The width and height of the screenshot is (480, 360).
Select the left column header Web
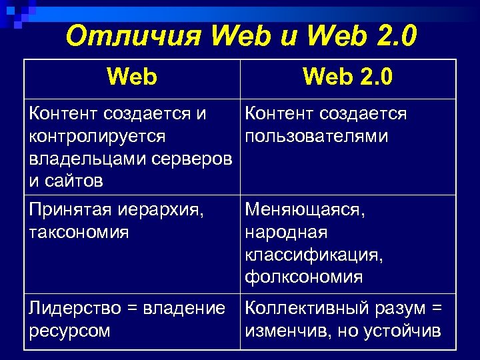point(131,78)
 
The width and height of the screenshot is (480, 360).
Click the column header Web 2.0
point(347,78)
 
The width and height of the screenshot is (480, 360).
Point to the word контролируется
point(97,137)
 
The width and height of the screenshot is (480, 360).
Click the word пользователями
point(317,137)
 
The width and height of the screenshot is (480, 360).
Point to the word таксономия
point(79,233)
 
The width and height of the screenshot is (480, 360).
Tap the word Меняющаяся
point(305,211)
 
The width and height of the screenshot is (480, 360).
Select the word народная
point(287,233)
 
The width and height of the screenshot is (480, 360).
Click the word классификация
point(314,255)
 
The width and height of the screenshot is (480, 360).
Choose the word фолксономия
point(304,277)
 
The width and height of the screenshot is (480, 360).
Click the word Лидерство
point(73,309)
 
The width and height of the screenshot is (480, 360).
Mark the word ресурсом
point(69,331)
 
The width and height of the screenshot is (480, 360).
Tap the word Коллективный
point(303,309)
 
